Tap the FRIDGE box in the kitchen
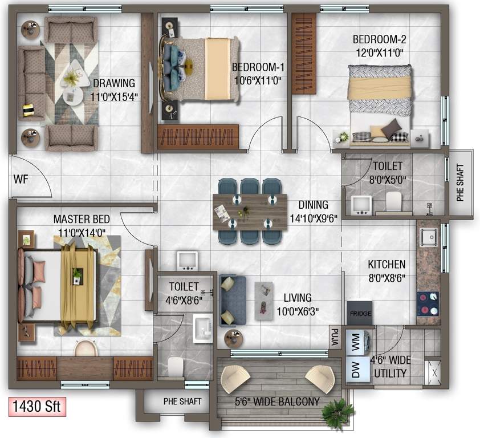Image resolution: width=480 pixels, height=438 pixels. (359, 314)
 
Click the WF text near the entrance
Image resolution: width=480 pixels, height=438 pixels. (21, 180)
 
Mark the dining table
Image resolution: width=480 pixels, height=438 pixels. (250, 212)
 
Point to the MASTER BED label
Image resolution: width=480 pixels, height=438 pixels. (82, 220)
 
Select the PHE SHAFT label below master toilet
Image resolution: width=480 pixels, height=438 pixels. (182, 401)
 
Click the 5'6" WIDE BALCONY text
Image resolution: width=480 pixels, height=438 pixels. (278, 402)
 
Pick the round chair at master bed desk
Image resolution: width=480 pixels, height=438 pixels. (86, 348)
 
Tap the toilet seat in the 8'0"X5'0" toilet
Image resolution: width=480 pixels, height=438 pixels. (394, 202)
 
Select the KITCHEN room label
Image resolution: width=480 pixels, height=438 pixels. (386, 265)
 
